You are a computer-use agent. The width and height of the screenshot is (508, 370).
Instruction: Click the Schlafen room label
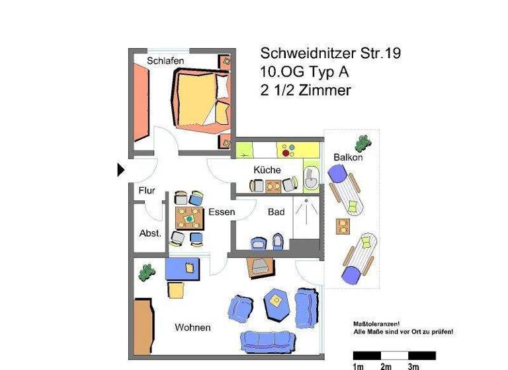(x=165, y=61)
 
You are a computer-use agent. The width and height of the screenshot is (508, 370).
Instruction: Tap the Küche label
(x=267, y=170)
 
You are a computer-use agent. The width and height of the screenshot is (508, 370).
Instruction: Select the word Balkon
(x=348, y=157)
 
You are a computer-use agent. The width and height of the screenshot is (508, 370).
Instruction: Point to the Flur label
(x=147, y=191)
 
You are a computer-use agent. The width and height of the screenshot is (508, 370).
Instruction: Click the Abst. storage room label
(x=149, y=233)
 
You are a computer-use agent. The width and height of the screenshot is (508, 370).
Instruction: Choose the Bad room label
(x=276, y=212)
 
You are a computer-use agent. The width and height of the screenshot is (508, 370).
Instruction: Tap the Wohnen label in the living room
(x=192, y=328)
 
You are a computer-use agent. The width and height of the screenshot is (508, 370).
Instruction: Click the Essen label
(x=222, y=212)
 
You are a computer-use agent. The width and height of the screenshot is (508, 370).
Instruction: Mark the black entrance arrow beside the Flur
(x=120, y=170)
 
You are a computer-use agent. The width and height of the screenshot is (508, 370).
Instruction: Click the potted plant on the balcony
(x=362, y=143)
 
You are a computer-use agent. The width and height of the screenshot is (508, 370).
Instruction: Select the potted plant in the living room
(x=145, y=271)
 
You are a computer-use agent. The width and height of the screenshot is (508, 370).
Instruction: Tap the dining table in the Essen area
(x=189, y=217)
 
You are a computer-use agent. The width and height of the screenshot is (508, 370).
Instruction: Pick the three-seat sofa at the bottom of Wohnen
(x=267, y=341)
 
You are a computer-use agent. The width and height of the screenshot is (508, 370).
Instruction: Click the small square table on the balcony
(x=343, y=227)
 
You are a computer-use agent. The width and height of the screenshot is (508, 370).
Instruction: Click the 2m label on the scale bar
(x=386, y=366)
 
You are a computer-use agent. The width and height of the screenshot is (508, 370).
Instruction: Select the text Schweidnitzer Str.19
(x=330, y=54)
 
